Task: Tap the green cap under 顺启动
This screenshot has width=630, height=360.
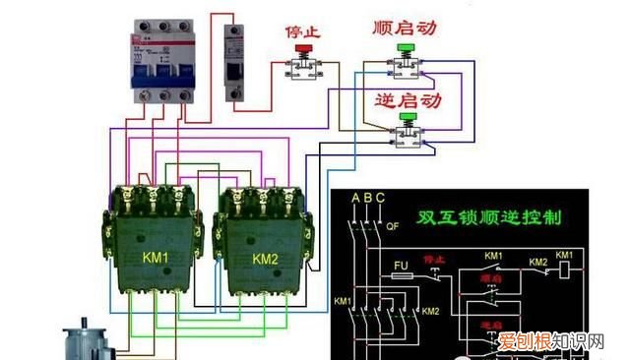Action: [x=405, y=47]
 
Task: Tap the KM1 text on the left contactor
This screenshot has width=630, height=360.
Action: [x=157, y=259]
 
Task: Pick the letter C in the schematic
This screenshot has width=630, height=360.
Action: [x=382, y=200]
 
